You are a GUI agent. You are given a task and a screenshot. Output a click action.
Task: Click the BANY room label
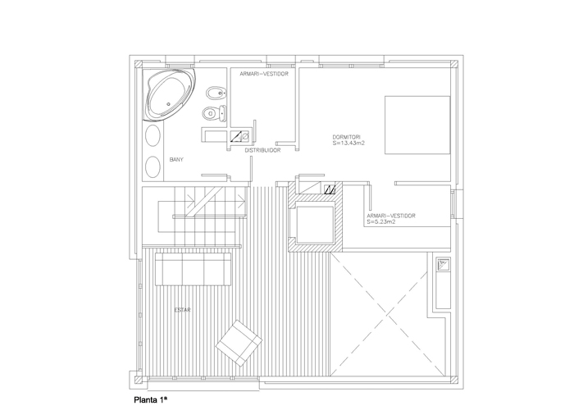(176, 160)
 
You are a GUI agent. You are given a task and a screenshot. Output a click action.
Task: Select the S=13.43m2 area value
(348, 143)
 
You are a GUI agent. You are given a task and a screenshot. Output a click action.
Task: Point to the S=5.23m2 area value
(381, 222)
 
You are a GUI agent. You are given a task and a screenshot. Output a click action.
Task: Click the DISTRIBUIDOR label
(263, 150)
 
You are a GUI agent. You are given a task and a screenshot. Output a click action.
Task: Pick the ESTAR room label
(182, 310)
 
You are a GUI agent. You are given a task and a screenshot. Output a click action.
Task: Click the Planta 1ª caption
(151, 400)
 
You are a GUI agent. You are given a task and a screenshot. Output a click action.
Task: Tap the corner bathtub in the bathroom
(169, 94)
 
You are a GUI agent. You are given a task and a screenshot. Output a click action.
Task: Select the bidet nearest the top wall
(216, 93)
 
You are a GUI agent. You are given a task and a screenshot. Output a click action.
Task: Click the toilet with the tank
(214, 113)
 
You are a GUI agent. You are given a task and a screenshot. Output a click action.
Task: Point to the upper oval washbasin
(153, 135)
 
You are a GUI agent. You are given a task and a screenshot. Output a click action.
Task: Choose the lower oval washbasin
(153, 167)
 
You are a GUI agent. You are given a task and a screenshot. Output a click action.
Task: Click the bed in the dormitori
(417, 125)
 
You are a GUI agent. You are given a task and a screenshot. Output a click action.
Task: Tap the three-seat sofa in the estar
(193, 269)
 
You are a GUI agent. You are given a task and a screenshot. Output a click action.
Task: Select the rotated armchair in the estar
(239, 343)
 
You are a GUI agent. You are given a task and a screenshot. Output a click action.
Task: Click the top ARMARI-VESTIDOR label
(264, 74)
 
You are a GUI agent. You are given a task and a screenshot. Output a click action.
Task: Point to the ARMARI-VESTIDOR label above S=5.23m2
(391, 216)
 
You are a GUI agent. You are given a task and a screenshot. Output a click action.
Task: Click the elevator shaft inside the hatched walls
(315, 225)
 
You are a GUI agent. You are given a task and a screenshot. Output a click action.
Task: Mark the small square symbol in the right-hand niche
(444, 264)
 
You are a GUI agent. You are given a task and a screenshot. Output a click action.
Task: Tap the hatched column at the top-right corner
(454, 64)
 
